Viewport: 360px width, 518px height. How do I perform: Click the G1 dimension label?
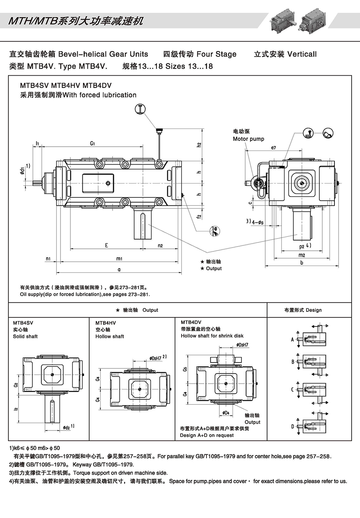tap(92, 143)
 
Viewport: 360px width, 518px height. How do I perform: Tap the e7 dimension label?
tap(273, 148)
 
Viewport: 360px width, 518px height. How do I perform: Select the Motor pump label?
tap(248, 139)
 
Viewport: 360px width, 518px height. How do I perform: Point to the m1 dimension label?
tap(119, 259)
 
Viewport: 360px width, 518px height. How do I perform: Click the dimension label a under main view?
tap(119, 269)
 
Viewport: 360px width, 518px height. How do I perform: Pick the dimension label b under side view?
tap(301, 262)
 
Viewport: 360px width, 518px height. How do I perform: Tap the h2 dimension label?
tap(199, 145)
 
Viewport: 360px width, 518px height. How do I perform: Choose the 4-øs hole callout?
tap(258, 223)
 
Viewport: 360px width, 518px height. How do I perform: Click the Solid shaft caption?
tap(25, 336)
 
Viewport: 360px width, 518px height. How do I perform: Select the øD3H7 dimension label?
tap(243, 345)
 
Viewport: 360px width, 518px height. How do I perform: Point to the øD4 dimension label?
tap(226, 413)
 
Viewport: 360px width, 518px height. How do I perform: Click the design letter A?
tap(292, 339)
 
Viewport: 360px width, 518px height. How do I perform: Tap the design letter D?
tap(293, 426)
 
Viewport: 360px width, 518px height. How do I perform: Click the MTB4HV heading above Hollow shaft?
tap(105, 323)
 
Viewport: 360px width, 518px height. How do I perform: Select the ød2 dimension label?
tap(66, 427)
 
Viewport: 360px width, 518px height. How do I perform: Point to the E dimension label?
tap(106, 245)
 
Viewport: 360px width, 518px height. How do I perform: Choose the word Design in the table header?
tap(314, 310)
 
